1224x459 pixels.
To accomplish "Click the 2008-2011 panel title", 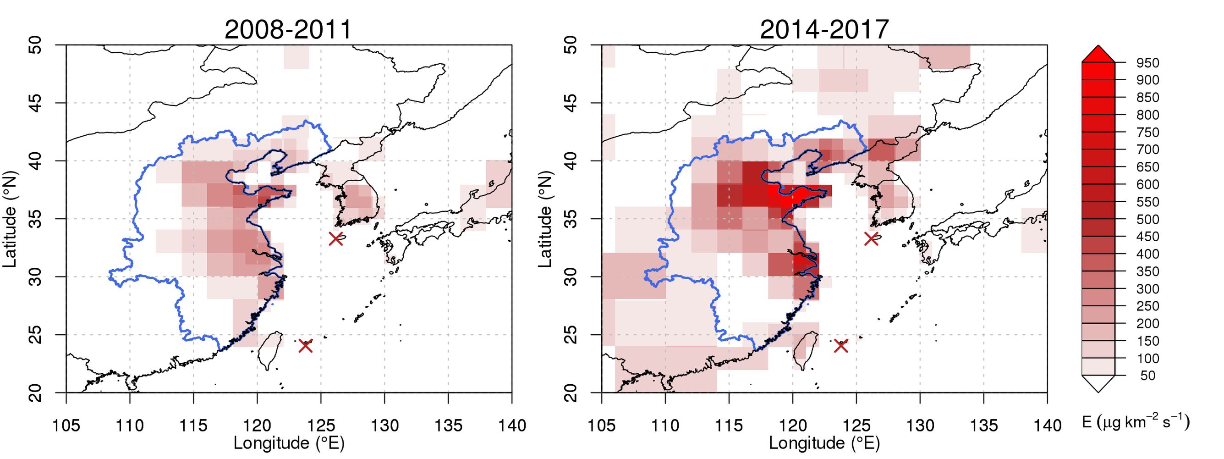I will [x=288, y=30].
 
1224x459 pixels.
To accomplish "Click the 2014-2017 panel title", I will [x=824, y=30].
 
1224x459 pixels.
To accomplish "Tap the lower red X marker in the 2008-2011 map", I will [x=306, y=346].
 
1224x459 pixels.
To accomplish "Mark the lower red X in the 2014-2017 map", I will [x=841, y=346].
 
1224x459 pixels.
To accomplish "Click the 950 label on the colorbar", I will [x=1148, y=63].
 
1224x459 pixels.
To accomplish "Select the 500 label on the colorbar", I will [x=1148, y=219].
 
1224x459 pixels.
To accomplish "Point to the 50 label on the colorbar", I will [x=1148, y=376].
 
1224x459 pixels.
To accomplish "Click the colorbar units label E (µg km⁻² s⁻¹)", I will [x=1136, y=422].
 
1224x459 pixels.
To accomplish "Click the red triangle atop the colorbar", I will [x=1098, y=54].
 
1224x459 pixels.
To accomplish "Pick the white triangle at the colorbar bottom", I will [x=1098, y=384].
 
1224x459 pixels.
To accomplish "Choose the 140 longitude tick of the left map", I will [x=512, y=425].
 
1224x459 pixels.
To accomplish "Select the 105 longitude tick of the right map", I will [x=602, y=425].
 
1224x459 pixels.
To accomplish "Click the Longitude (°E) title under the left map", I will [x=289, y=443].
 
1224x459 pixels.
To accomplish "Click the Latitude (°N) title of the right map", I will [x=545, y=219].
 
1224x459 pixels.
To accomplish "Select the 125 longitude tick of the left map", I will [x=320, y=425].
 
